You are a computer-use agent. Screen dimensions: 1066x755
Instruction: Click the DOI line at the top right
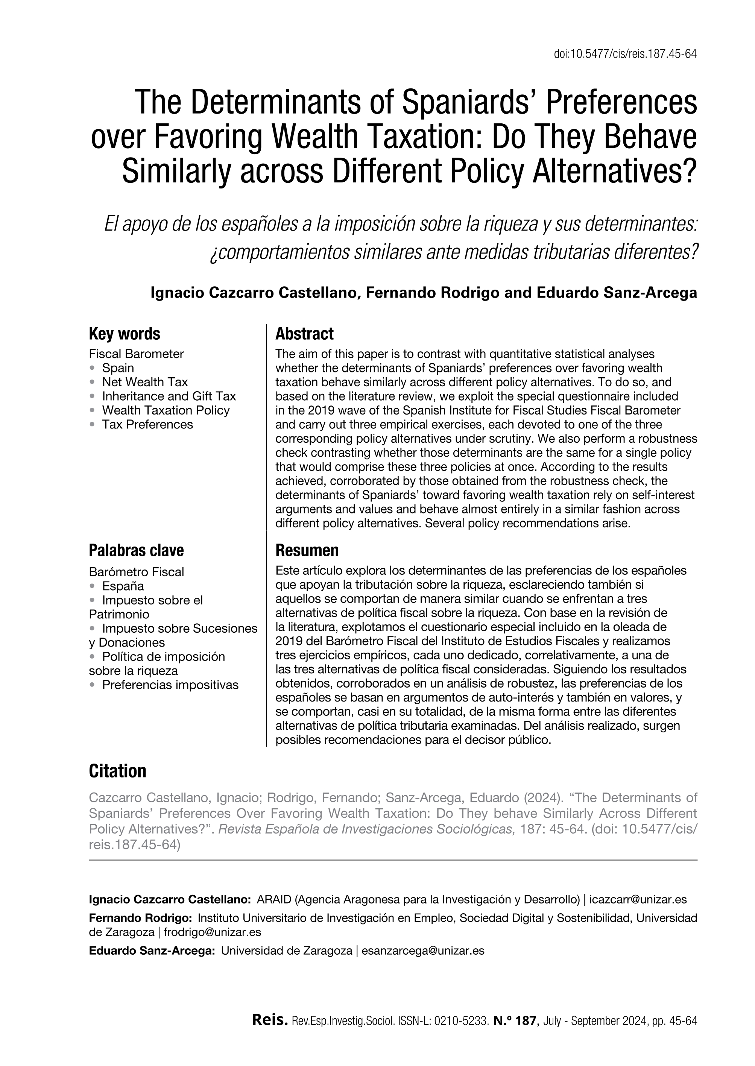pyautogui.click(x=625, y=55)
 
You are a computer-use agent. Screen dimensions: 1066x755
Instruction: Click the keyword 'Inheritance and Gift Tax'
pyautogui.click(x=169, y=396)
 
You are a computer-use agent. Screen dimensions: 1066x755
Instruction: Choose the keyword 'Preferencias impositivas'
pyautogui.click(x=170, y=685)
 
